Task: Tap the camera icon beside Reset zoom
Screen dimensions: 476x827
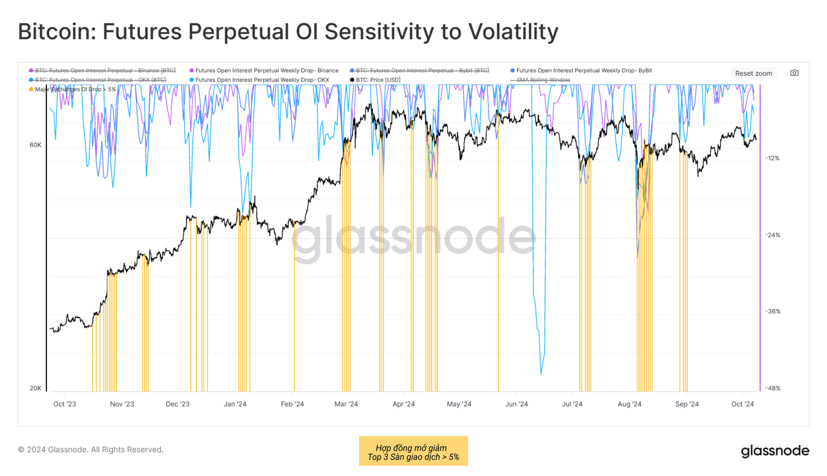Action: tap(794, 73)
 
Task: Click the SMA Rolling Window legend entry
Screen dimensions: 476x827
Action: tap(543, 80)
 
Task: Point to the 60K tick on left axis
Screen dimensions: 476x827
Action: tap(36, 145)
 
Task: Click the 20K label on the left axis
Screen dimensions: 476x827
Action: tap(36, 388)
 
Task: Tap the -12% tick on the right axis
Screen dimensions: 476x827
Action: tap(772, 158)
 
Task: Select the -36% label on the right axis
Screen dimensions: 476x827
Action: tap(772, 312)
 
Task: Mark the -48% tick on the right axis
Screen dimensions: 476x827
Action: tap(772, 388)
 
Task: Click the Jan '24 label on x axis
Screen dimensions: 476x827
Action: tap(235, 404)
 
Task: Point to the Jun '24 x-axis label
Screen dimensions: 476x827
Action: tap(516, 404)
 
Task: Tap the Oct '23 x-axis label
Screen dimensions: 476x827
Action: tap(65, 404)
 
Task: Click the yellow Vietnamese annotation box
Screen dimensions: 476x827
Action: tap(413, 451)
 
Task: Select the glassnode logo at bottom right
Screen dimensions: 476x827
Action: tap(775, 451)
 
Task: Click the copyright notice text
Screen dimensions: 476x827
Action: tap(91, 450)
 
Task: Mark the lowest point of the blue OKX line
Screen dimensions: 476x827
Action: tap(541, 374)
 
